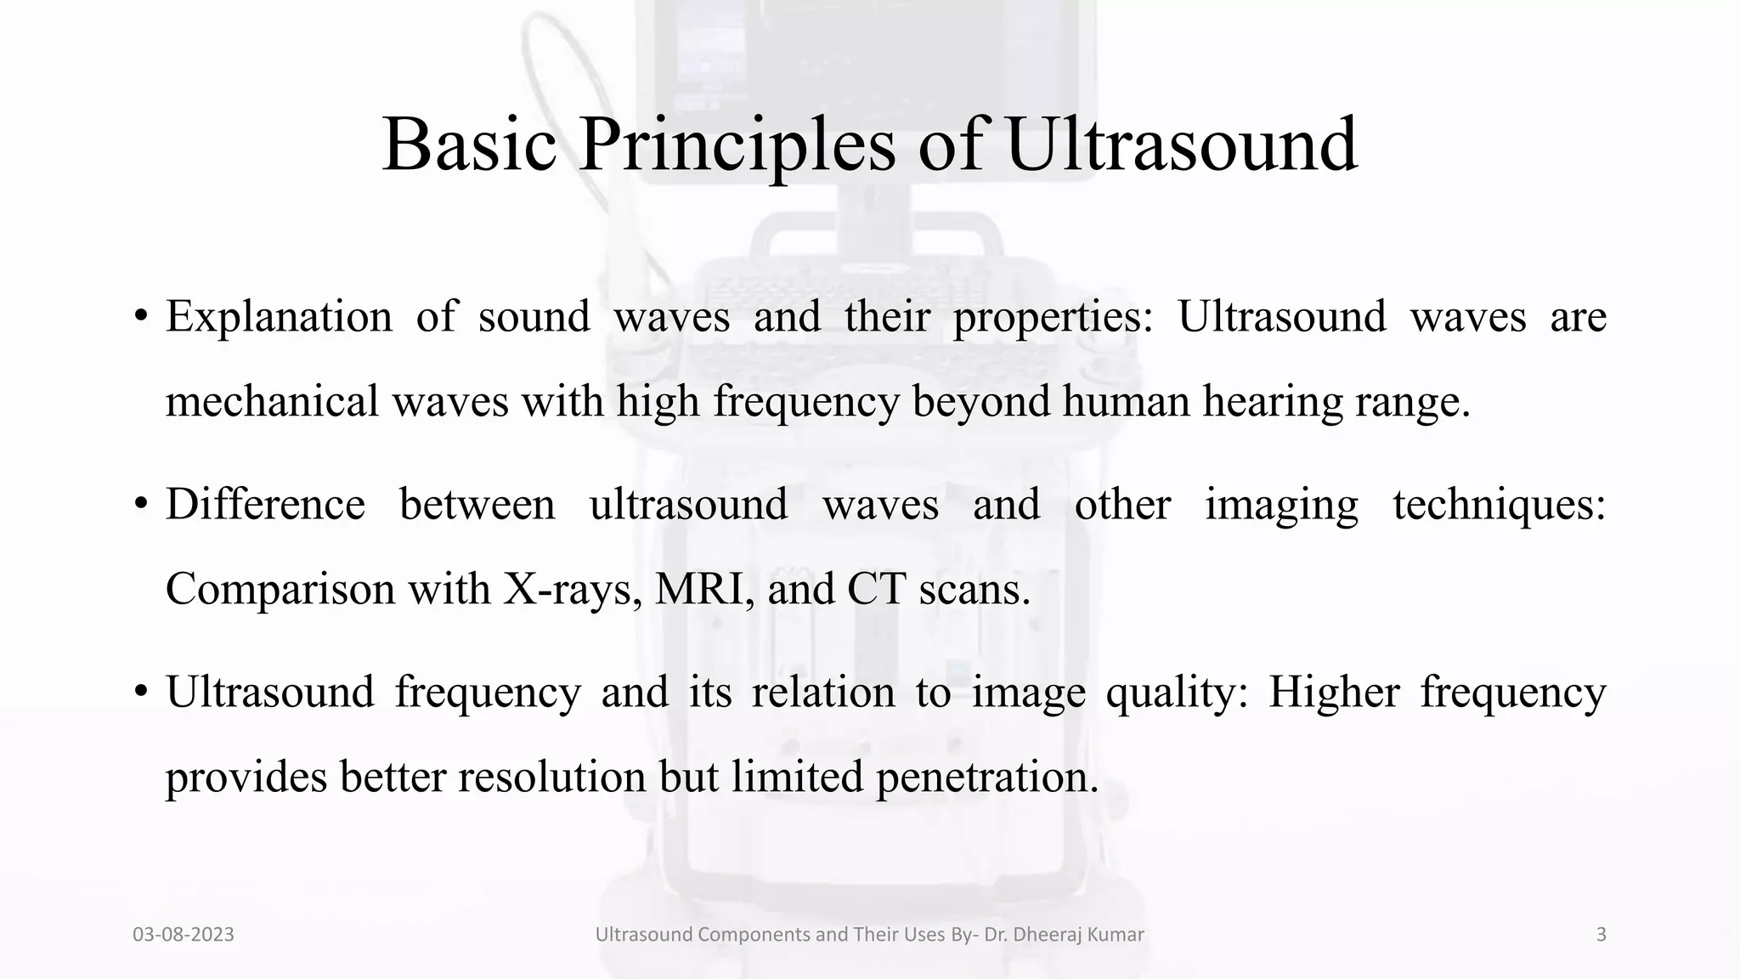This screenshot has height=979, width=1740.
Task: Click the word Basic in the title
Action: point(469,144)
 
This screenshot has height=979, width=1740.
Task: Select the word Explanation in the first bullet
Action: point(279,317)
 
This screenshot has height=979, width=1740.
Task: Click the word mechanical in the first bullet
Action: point(272,402)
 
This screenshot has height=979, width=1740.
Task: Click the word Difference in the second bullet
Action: point(265,505)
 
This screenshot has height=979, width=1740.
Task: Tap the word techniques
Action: point(1499,505)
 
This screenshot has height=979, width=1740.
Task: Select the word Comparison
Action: point(280,590)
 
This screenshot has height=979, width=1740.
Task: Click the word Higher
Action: point(1334,693)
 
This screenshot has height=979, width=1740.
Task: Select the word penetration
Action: point(987,778)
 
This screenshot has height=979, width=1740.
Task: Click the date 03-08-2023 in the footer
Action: point(184,935)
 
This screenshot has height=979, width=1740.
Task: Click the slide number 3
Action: point(1601,935)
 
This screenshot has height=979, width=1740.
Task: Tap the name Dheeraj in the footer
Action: point(1045,935)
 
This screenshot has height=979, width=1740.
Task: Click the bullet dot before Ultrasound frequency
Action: point(141,693)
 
